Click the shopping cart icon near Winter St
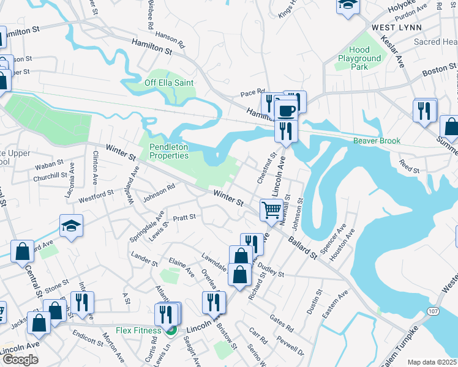(x=271, y=210)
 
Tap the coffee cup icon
(x=286, y=110)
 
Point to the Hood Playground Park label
(x=359, y=58)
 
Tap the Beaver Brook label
(x=377, y=141)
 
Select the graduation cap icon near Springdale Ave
(x=71, y=226)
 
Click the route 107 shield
(x=433, y=312)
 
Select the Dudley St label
(x=271, y=270)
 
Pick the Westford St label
(x=96, y=195)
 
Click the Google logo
(x=20, y=360)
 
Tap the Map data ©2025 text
(x=432, y=362)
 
